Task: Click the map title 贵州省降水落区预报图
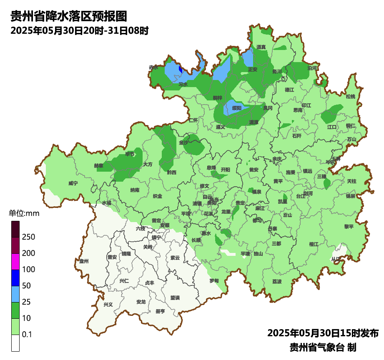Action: (68, 16)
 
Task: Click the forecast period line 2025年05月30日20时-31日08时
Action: (79, 31)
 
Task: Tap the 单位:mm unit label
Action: (24, 214)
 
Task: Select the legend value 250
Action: (29, 237)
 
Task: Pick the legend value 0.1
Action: (27, 334)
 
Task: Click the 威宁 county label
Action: (73, 183)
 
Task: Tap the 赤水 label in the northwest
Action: (153, 67)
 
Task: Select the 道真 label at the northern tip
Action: (261, 47)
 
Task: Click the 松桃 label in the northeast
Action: (351, 97)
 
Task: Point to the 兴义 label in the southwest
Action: (108, 304)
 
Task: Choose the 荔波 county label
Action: (277, 281)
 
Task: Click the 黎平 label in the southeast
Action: (349, 226)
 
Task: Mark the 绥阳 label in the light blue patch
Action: (236, 108)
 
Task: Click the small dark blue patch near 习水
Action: (180, 69)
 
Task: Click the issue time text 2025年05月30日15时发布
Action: (323, 333)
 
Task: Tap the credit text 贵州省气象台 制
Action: (323, 347)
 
